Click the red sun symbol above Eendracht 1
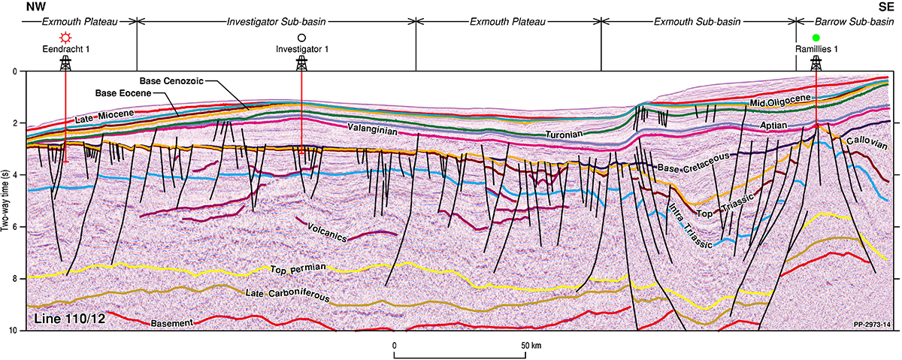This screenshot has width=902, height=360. tap(65, 38)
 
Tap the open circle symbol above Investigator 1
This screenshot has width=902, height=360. tap(301, 38)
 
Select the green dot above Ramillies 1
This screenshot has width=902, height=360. tap(816, 38)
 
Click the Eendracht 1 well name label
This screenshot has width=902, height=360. tap(65, 50)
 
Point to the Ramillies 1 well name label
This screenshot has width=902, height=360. tap(816, 50)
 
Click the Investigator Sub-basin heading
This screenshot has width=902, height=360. tap(276, 22)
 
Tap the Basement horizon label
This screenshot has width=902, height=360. tap(172, 323)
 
